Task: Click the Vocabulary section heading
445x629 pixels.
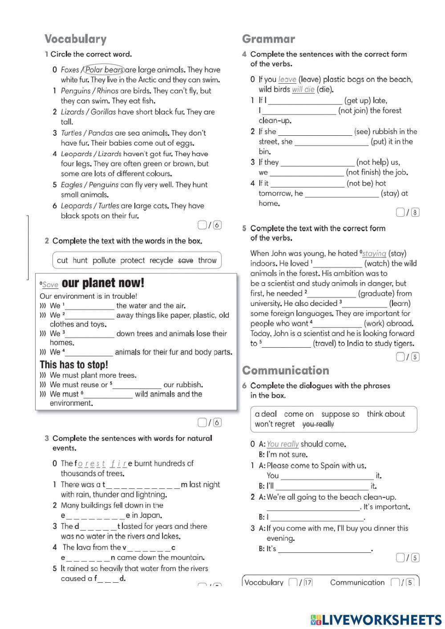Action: [75, 39]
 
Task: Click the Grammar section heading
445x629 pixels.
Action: [268, 39]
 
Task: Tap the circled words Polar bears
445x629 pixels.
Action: [104, 70]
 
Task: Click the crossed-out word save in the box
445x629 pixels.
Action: [186, 260]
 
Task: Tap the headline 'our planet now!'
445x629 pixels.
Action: [103, 283]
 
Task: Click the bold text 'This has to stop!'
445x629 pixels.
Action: [74, 365]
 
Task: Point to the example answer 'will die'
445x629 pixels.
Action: [303, 89]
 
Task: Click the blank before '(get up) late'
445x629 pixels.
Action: [305, 101]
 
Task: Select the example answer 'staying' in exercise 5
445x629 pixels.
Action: [374, 253]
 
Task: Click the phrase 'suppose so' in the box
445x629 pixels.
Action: [340, 414]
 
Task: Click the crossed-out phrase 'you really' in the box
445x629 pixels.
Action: [318, 424]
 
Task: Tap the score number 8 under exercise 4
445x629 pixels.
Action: [415, 212]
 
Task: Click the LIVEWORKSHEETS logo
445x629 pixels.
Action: [376, 620]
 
